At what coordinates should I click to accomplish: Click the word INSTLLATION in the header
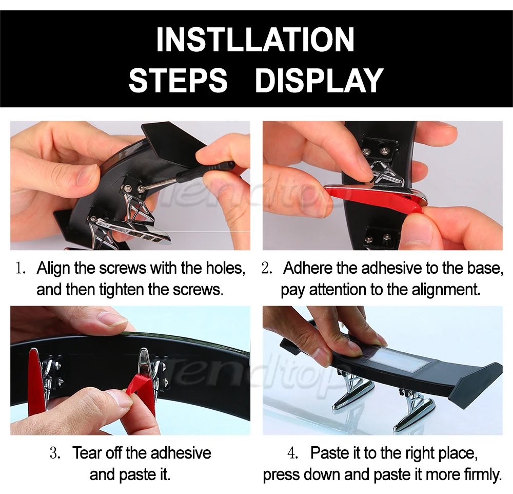point(255,40)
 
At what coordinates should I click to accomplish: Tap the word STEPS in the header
point(178,80)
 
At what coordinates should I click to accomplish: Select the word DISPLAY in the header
point(319,80)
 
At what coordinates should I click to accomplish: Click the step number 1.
point(21,268)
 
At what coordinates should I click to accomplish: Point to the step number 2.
point(267,268)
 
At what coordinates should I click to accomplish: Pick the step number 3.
point(55,453)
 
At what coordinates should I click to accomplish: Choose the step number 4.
point(292,453)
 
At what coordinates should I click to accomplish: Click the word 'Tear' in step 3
point(86,453)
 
